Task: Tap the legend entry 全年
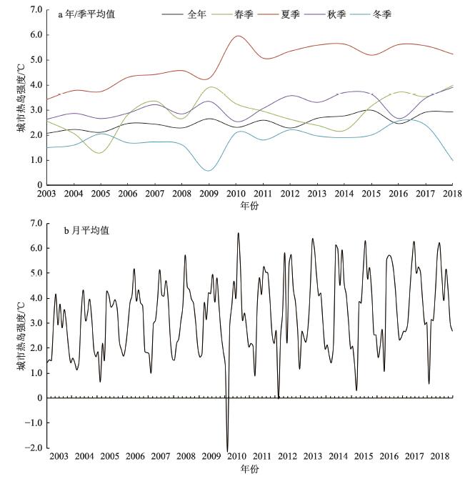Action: [196, 14]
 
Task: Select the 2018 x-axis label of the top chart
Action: [451, 193]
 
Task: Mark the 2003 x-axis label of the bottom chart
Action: [59, 456]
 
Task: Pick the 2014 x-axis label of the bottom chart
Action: [339, 456]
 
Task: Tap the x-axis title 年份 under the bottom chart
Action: [248, 468]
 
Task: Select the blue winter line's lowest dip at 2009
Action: [208, 170]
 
